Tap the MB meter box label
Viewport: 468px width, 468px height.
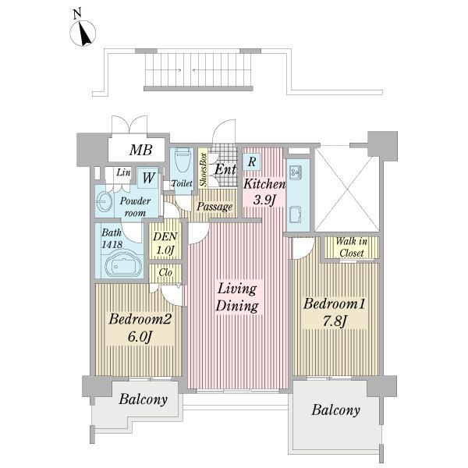coord(141,150)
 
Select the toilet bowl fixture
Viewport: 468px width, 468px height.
coord(182,159)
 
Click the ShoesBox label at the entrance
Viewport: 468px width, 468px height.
coord(204,169)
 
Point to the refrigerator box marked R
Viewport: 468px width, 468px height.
coord(252,161)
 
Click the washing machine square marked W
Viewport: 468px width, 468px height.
coord(148,178)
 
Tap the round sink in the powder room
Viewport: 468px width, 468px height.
coord(104,201)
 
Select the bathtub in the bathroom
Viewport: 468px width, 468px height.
coord(123,264)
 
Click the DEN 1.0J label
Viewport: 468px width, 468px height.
coord(165,243)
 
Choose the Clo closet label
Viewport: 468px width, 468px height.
coord(165,272)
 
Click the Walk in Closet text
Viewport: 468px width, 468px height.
coord(351,247)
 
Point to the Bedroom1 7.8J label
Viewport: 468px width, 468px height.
coord(335,312)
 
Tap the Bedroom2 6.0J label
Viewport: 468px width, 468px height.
coord(140,328)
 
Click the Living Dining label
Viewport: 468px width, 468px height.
coord(237,298)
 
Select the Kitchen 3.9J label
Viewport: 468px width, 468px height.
coord(264,192)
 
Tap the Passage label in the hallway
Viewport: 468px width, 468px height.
coord(214,206)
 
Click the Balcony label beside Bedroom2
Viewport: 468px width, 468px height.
coord(143,399)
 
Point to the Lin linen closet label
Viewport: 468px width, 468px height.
coord(123,172)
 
